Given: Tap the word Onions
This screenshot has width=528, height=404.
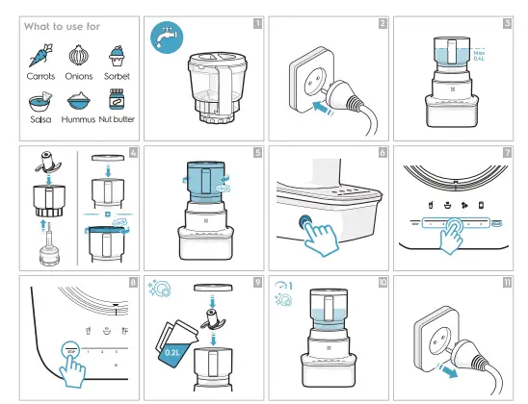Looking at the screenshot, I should click(x=79, y=75).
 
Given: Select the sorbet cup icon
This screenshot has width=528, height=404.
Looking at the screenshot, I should click(x=118, y=53).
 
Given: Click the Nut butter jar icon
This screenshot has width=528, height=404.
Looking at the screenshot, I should click(x=117, y=100).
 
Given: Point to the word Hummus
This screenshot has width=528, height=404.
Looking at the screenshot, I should click(x=78, y=120).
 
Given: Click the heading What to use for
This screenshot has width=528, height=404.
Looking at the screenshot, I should click(x=62, y=26).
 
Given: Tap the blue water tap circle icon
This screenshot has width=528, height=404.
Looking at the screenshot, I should click(x=166, y=37).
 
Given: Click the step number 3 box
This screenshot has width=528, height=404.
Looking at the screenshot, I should click(x=507, y=22).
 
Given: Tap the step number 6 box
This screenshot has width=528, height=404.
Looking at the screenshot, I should click(x=383, y=152).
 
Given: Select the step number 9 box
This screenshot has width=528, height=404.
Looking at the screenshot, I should click(x=257, y=282).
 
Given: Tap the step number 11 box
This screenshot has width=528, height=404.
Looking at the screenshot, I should click(x=507, y=282).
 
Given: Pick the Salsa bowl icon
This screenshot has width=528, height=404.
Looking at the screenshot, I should click(x=39, y=99).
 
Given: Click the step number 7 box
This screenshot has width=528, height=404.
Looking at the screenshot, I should click(x=507, y=152).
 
